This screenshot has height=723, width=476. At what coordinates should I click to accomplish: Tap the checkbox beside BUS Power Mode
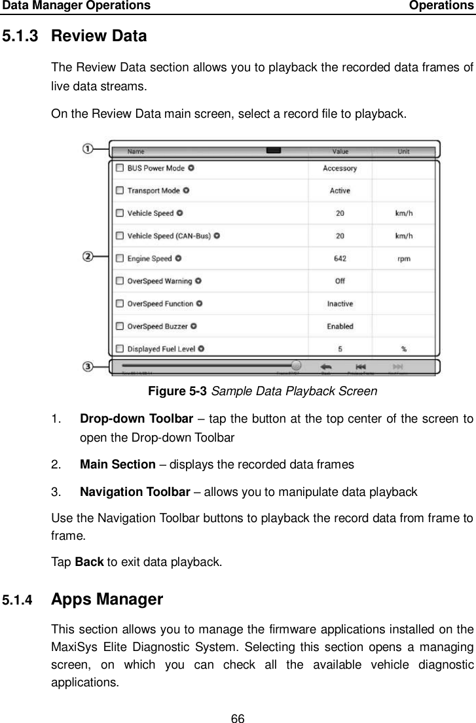click(x=119, y=168)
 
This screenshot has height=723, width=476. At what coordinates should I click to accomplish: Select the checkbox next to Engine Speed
click(x=119, y=258)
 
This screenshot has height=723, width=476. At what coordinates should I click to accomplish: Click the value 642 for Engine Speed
click(x=340, y=258)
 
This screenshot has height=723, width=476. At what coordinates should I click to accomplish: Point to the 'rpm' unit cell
click(x=404, y=258)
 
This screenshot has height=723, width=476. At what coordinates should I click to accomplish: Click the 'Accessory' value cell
click(x=340, y=168)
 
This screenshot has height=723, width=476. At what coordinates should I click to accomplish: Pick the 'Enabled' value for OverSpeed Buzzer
click(x=340, y=326)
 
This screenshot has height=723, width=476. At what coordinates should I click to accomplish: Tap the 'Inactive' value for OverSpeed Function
click(x=340, y=304)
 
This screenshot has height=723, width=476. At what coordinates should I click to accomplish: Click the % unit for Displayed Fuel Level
click(x=404, y=349)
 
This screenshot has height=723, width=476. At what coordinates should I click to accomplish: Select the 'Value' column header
click(x=340, y=151)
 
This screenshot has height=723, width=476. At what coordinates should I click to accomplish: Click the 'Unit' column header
click(x=404, y=151)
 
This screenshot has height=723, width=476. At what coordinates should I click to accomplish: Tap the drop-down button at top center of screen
click(x=274, y=150)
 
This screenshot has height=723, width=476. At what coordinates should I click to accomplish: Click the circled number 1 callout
click(x=87, y=149)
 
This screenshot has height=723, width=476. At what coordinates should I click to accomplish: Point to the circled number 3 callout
click(x=87, y=366)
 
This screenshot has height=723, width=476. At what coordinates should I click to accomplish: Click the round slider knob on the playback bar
click(x=296, y=366)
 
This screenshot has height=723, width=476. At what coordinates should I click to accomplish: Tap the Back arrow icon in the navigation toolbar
click(x=325, y=367)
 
